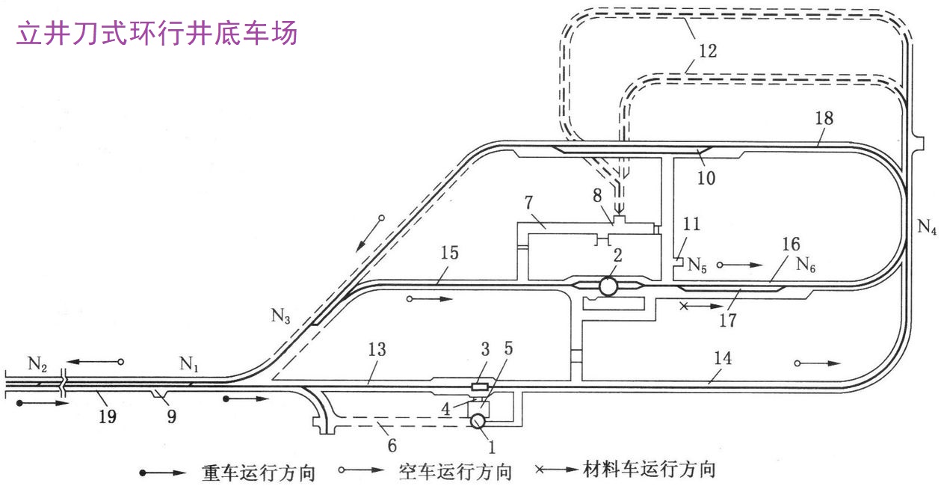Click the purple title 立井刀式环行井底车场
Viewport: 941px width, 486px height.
pyautogui.click(x=156, y=33)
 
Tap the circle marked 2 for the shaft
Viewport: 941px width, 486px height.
pyautogui.click(x=608, y=286)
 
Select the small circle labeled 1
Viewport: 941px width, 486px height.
pyautogui.click(x=477, y=422)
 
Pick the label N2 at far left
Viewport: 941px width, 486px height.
pyautogui.click(x=37, y=364)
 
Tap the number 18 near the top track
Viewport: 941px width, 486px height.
pyautogui.click(x=825, y=119)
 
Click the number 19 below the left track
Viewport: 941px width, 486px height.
pyautogui.click(x=108, y=416)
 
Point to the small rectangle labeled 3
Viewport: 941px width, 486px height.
pyautogui.click(x=480, y=387)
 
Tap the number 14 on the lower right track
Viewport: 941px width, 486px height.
pyautogui.click(x=722, y=359)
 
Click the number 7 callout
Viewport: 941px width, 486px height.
pyautogui.click(x=528, y=203)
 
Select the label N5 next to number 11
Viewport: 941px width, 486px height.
pyautogui.click(x=697, y=265)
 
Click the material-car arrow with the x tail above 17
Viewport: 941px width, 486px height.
pyautogui.click(x=703, y=306)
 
